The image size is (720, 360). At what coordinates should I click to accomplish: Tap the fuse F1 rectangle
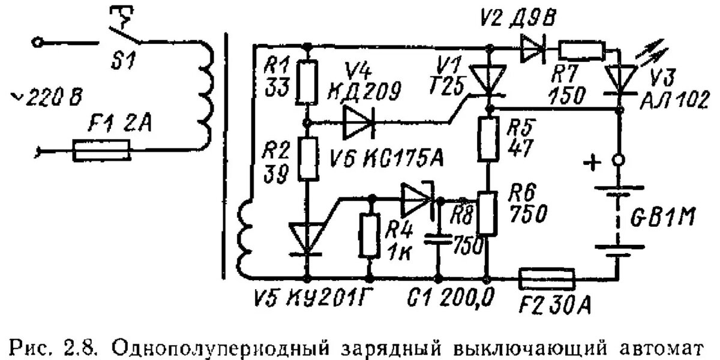pyautogui.click(x=101, y=150)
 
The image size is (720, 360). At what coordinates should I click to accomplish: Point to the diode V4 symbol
pyautogui.click(x=358, y=122)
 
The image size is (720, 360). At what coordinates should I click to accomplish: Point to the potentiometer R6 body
pyautogui.click(x=489, y=214)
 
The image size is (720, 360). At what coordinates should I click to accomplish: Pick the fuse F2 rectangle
pyautogui.click(x=547, y=279)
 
